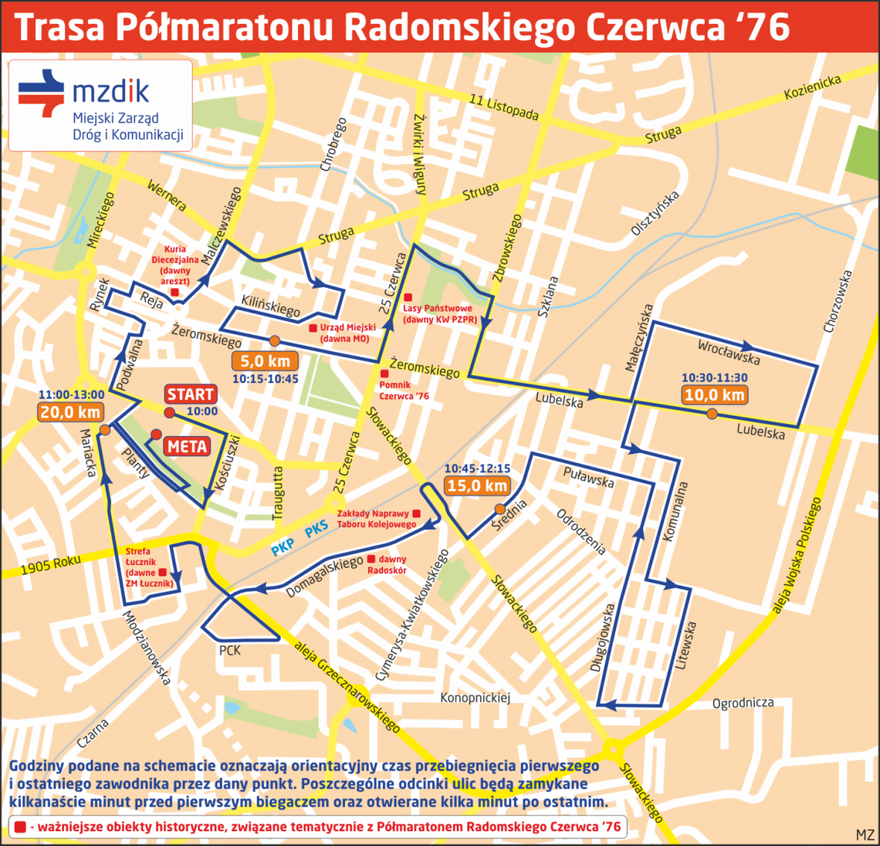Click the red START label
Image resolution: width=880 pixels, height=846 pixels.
(190, 394)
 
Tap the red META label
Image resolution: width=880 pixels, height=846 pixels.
(187, 446)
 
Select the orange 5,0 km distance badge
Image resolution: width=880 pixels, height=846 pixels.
(265, 361)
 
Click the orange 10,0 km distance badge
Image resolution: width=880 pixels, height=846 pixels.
(713, 395)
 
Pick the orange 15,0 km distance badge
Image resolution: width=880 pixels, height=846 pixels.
(476, 486)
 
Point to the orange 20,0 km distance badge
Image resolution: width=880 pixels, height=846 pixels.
(71, 412)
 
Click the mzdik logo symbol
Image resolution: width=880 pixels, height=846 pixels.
(42, 93)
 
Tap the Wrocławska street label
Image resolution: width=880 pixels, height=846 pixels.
(728, 352)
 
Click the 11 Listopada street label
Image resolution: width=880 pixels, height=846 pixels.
(503, 107)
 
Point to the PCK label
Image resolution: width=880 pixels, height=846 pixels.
(230, 651)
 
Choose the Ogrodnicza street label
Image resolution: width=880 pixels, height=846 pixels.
(743, 703)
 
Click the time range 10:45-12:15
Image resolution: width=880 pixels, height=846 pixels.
(476, 469)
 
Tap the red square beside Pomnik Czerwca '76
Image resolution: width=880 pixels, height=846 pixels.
(384, 374)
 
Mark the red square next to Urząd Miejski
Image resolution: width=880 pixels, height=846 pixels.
(313, 328)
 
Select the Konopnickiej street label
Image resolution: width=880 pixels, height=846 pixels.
(476, 698)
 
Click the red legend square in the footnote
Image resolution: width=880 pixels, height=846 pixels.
(19, 827)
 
